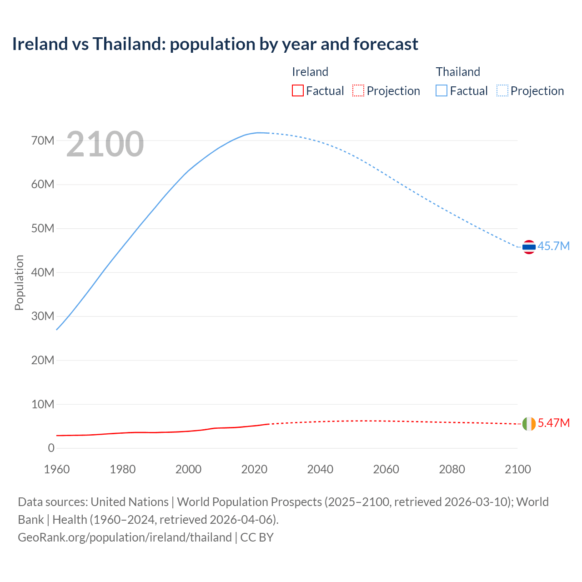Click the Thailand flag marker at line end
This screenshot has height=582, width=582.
point(529,247)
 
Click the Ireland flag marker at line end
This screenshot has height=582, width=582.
point(529,424)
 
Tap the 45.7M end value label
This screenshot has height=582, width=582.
point(553,246)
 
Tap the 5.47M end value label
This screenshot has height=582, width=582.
point(553,423)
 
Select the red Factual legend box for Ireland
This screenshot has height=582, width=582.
point(297,90)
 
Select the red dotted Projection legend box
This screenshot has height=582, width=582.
point(358,90)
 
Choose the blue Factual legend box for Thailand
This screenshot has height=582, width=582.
point(441,90)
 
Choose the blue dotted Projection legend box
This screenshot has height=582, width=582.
point(502,90)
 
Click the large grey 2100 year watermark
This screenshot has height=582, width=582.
point(105,144)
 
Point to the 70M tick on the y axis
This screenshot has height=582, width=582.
point(43,140)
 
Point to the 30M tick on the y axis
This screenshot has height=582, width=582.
point(43,316)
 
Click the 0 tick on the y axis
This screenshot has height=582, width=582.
point(51,448)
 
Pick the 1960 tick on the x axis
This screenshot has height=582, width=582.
point(57,469)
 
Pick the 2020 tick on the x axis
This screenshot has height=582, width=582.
point(254,469)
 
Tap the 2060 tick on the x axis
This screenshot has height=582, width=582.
point(386,469)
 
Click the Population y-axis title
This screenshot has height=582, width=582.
point(19,282)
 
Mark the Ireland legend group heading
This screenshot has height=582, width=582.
point(310,72)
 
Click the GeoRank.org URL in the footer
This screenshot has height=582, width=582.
point(125,537)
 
